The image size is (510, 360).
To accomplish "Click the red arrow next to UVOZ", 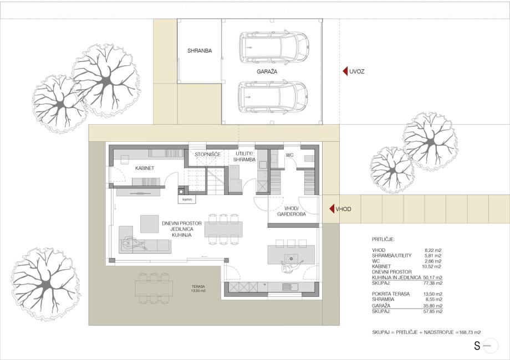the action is [345, 71].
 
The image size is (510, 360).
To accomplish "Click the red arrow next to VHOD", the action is [331, 209].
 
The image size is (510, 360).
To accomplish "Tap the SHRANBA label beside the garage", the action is [200, 51].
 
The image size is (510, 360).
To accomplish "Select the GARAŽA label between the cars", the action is [267, 71].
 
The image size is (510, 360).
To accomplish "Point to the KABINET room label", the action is [145, 168].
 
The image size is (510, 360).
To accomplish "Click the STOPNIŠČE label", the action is [207, 155].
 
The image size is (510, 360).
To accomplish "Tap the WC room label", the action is [289, 155].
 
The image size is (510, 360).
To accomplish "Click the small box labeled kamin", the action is [187, 199].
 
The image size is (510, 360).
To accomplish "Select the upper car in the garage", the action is [273, 48].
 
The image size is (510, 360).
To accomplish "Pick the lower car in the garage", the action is [273, 97].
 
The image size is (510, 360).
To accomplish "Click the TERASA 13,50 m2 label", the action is [198, 289].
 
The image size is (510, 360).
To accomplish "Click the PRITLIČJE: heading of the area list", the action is [383, 239].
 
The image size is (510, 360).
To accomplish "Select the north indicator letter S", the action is [477, 346].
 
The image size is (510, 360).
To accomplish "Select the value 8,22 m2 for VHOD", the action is [433, 250].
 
